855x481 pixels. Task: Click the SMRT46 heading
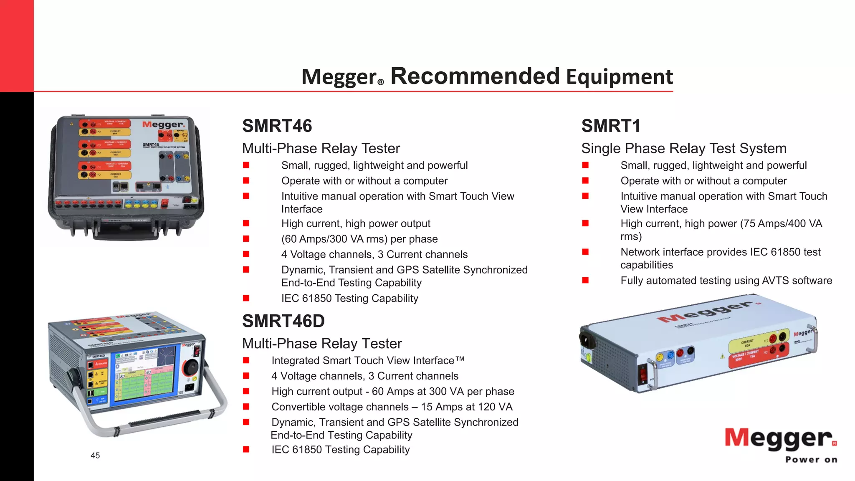[277, 126]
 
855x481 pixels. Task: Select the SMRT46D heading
[283, 321]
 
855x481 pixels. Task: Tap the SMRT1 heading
[610, 126]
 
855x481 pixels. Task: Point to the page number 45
[95, 456]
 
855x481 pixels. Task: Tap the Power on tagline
[811, 460]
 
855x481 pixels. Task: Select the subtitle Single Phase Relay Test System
[683, 149]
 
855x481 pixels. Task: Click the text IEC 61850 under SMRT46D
[340, 450]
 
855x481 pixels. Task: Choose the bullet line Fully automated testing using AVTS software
[726, 281]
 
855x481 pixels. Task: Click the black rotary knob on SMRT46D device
[190, 368]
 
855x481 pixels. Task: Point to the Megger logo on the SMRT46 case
[163, 124]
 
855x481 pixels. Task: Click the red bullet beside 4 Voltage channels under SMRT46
[246, 254]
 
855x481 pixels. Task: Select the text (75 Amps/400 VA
[781, 224]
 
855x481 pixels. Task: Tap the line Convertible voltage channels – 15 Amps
[392, 407]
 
